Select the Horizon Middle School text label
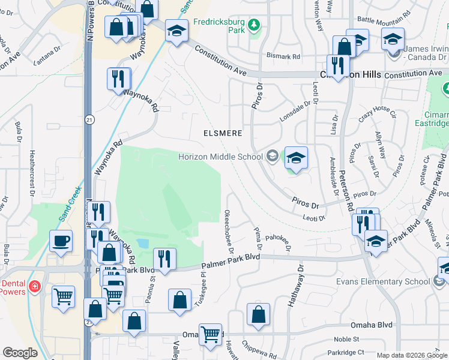coord(220,157)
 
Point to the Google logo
coord(20,353)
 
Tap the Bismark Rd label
coord(283,56)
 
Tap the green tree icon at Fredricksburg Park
coord(255,25)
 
